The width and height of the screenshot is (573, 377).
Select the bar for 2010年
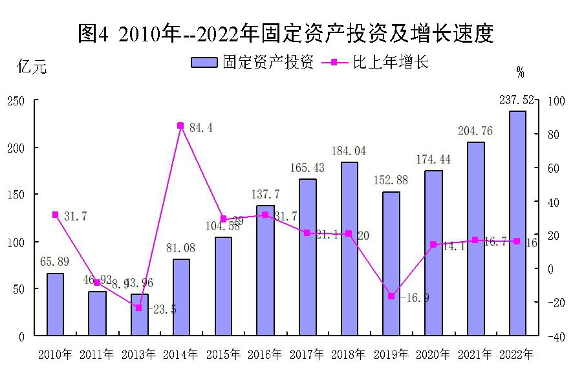(55, 304)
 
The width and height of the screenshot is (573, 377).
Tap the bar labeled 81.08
(181, 297)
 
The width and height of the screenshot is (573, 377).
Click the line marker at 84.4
(180, 125)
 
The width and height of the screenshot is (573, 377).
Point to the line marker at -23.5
(138, 308)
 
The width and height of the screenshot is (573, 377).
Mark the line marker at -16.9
(391, 296)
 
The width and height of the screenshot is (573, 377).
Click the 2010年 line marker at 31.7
(55, 215)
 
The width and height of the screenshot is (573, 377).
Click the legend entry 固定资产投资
(252, 62)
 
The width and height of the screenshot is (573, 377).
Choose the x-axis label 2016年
(265, 354)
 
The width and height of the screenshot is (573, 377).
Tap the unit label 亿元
(32, 67)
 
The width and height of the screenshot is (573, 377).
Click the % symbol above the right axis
(520, 72)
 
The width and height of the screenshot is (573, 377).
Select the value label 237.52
(517, 100)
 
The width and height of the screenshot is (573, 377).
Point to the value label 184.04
(349, 151)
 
